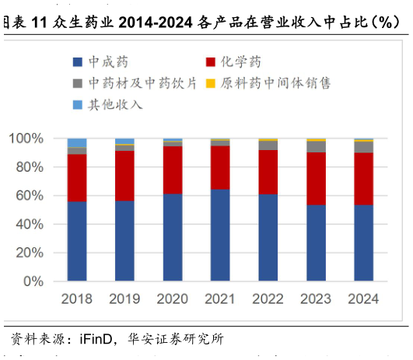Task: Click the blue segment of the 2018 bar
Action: click(x=77, y=241)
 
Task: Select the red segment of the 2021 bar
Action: click(x=220, y=167)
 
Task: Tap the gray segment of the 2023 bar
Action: click(x=316, y=146)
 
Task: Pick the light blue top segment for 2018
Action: click(x=77, y=142)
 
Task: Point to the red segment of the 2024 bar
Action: click(x=363, y=178)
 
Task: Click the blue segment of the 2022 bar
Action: click(x=268, y=237)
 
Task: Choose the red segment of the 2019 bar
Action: click(x=124, y=175)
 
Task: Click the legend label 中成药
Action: click(x=109, y=61)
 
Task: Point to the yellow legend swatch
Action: click(x=210, y=82)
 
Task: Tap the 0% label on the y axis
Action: click(x=33, y=281)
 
